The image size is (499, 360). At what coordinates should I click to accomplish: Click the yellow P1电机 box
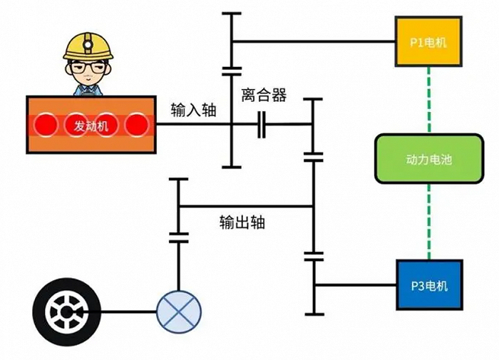[x=428, y=41]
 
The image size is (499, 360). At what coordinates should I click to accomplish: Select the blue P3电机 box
[x=429, y=284]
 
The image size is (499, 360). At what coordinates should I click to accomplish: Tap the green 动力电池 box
[x=428, y=159]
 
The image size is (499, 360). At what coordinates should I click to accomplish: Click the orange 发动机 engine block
[x=91, y=125]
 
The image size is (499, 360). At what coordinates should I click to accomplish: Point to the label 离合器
[x=264, y=96]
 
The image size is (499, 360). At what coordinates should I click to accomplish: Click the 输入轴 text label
[x=193, y=110]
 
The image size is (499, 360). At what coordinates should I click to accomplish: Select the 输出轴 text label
[x=242, y=222]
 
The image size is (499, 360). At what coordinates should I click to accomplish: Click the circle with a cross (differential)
[x=179, y=312]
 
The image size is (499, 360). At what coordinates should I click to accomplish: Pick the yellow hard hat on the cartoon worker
[x=88, y=46]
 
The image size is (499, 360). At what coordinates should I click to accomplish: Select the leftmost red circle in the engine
[x=47, y=125]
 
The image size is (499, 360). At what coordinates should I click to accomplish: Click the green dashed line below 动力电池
[x=428, y=222]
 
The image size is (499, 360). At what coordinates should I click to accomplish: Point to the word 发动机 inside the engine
[x=91, y=125]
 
